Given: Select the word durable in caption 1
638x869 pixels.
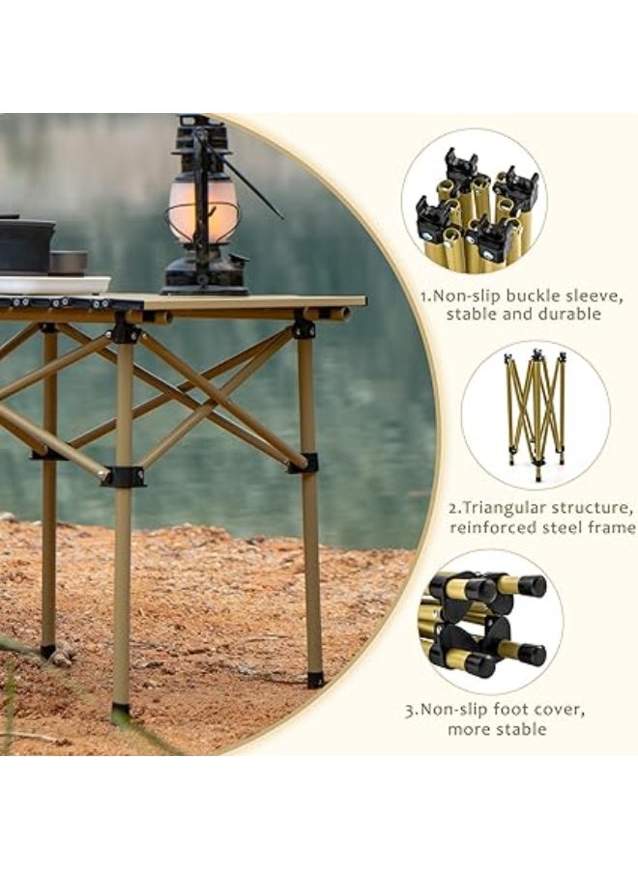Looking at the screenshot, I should tap(568, 314).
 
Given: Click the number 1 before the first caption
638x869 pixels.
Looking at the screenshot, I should tap(422, 294).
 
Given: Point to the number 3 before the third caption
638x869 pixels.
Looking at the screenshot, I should tap(410, 710).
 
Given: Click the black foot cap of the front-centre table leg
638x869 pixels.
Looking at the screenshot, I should tap(120, 714).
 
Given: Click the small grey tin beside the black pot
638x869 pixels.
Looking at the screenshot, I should tap(68, 262).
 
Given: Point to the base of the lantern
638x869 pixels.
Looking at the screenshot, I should tap(205, 279).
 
